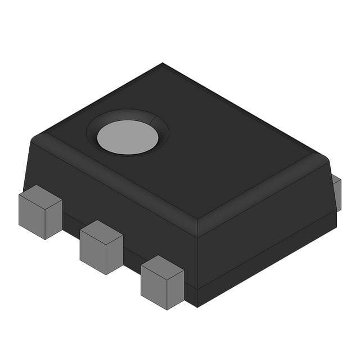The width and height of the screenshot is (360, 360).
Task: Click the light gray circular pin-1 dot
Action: [128, 137]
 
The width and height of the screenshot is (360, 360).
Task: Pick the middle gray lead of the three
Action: [101, 247]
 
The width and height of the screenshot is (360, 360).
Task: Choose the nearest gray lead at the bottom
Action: [162, 282]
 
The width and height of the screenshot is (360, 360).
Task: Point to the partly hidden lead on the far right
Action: [337, 192]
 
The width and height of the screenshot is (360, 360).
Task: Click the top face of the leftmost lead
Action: [40, 196]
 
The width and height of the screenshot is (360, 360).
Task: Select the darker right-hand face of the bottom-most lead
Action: [176, 290]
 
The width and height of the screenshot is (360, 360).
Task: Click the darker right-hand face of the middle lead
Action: [115, 255]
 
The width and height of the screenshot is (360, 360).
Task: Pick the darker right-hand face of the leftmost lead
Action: [54, 220]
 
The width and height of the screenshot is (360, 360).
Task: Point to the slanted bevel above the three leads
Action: [112, 180]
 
